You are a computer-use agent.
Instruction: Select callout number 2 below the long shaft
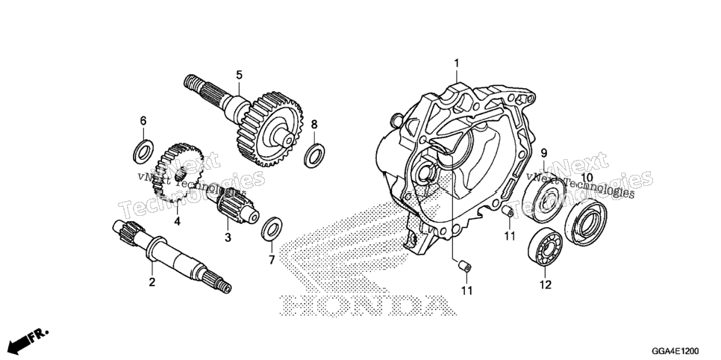(x=152, y=282)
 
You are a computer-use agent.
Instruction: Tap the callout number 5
(x=239, y=75)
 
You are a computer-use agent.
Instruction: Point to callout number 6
(x=143, y=120)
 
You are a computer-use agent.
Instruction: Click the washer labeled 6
(x=143, y=152)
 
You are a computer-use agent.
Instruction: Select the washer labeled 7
(x=272, y=228)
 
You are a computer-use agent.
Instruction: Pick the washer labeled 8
(x=314, y=155)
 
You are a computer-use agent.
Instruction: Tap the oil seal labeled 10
(x=585, y=222)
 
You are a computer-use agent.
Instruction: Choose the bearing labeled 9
(x=544, y=199)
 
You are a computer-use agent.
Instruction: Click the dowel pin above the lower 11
(x=465, y=266)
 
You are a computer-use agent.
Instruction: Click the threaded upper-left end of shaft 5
(x=194, y=83)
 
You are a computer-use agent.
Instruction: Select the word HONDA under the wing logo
(x=364, y=306)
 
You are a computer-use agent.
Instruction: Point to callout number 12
(x=546, y=285)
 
